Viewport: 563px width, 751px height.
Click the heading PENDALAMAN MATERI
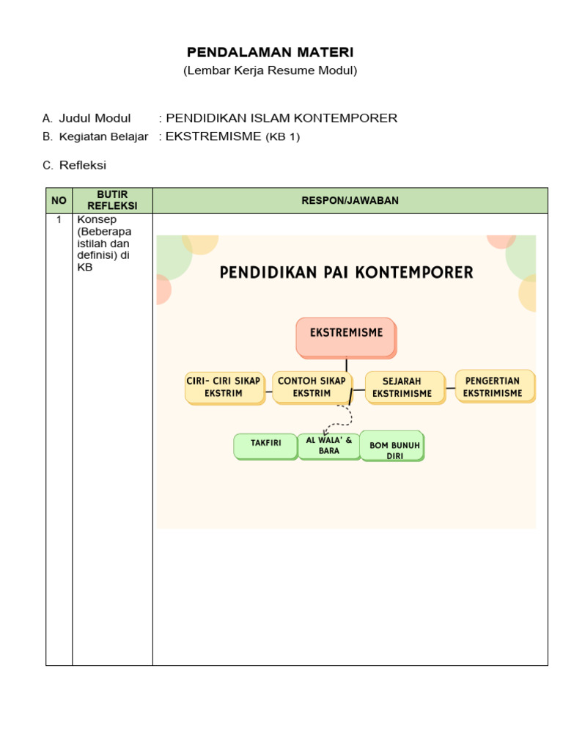[x=270, y=52]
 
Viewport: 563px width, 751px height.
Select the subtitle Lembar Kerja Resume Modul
[x=270, y=70]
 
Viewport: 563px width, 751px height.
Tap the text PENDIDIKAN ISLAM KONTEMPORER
[x=282, y=118]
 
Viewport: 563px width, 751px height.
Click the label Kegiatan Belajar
[x=103, y=136]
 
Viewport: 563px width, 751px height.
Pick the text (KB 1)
[x=282, y=137]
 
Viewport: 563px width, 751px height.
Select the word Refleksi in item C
[x=83, y=165]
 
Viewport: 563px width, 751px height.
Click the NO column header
[x=59, y=200]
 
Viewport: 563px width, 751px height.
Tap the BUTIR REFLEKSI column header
[x=112, y=200]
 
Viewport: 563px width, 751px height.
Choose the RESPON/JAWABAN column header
[x=350, y=200]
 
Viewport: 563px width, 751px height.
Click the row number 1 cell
[x=59, y=219]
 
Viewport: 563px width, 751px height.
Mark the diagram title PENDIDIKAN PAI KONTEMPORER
[x=347, y=273]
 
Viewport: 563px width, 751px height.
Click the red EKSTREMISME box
[x=346, y=337]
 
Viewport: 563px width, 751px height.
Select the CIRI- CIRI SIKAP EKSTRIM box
[x=224, y=387]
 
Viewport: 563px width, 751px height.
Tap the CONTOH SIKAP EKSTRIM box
[x=312, y=387]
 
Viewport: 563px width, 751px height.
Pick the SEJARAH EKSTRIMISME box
[x=404, y=387]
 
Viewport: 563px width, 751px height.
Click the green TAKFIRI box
[x=265, y=445]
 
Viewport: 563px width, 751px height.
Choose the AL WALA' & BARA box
[x=328, y=445]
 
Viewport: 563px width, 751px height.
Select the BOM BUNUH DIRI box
[x=392, y=446]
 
